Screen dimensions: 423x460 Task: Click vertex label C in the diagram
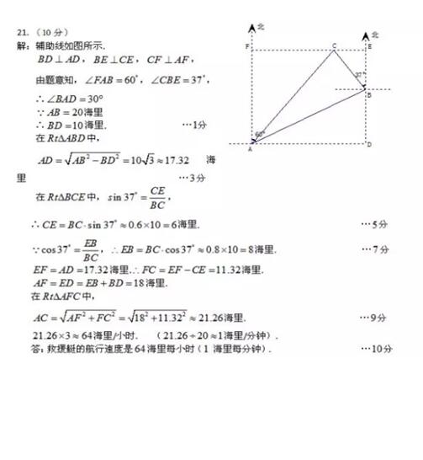[334, 45]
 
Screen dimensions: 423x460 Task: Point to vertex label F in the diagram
[246, 47]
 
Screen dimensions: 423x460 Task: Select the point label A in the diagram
[250, 148]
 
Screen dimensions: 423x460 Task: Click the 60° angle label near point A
[261, 133]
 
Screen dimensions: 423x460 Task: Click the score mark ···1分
[193, 125]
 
